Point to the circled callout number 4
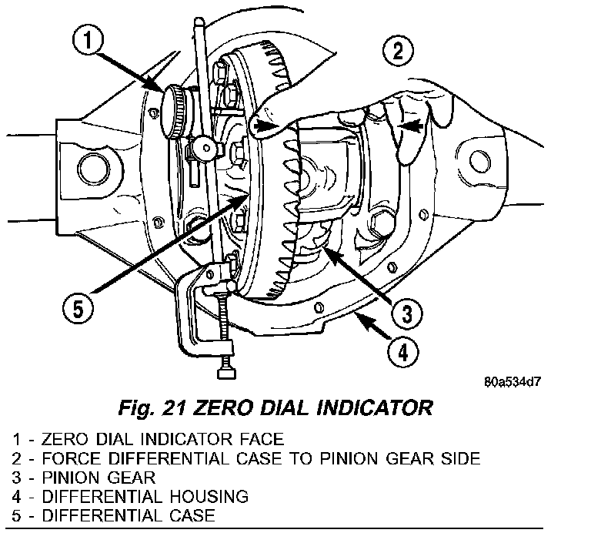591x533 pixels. (x=403, y=354)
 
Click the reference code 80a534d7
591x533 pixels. (x=513, y=381)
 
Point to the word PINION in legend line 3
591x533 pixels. (x=65, y=478)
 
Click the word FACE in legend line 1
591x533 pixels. (x=260, y=440)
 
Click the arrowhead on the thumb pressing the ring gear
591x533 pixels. (x=265, y=124)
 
